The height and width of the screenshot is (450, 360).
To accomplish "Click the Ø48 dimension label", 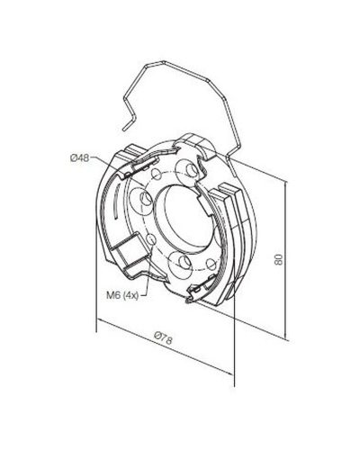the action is pyautogui.click(x=80, y=158).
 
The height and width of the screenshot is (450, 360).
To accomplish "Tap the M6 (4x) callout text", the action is pyautogui.click(x=122, y=295).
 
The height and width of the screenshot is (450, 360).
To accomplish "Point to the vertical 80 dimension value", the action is pyautogui.click(x=279, y=259).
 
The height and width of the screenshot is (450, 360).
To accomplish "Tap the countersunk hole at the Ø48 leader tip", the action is pyautogui.click(x=145, y=200).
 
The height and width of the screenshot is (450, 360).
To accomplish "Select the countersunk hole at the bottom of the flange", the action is pyautogui.click(x=181, y=263).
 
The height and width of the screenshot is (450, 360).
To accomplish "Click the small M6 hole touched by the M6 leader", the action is pyautogui.click(x=151, y=239).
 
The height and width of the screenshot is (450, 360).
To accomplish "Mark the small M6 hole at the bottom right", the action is pyautogui.click(x=211, y=264).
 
